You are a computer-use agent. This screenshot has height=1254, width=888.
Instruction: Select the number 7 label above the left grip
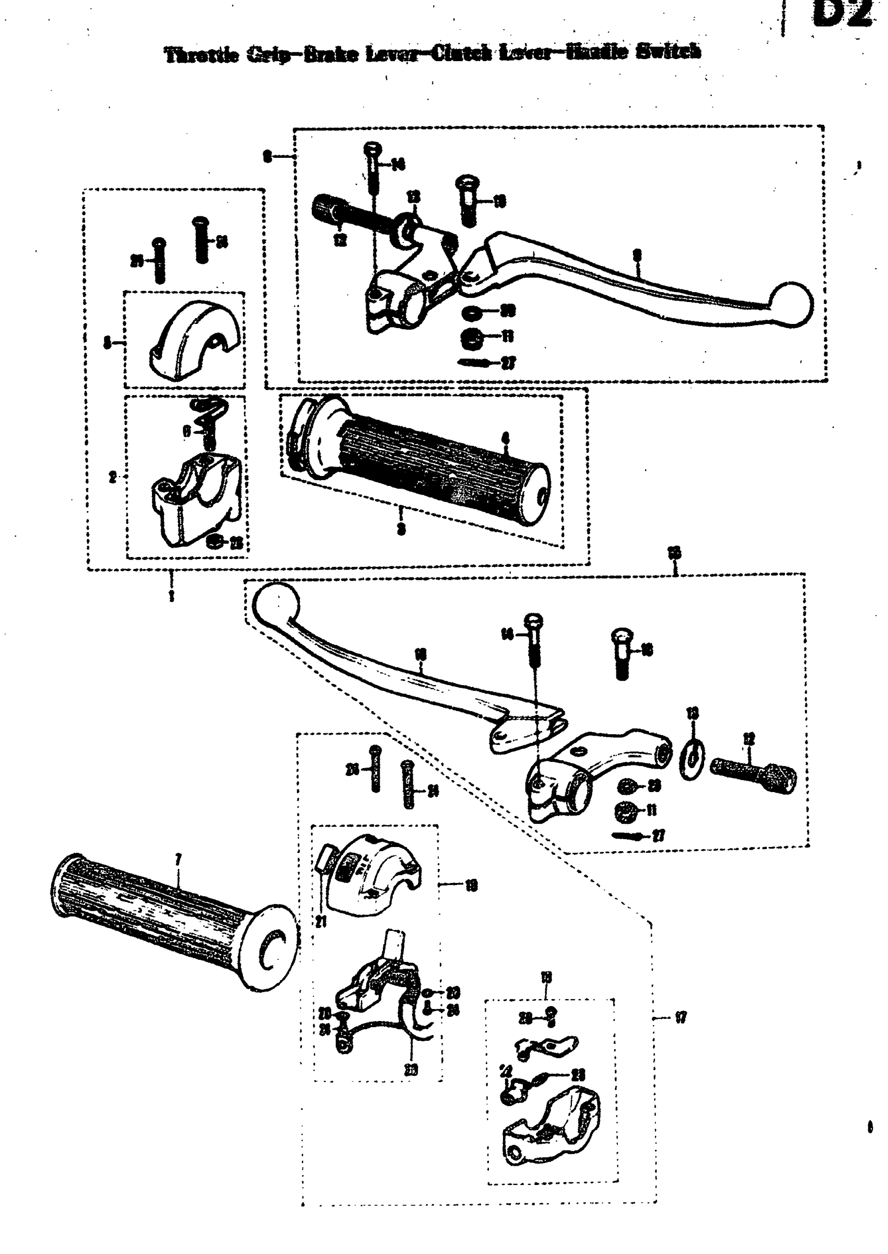(x=178, y=859)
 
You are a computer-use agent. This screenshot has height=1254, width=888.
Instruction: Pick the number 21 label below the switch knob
(x=321, y=922)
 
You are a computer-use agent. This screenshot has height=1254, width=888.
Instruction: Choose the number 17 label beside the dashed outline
(x=681, y=1018)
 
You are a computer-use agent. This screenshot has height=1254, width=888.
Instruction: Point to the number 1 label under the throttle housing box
(x=172, y=595)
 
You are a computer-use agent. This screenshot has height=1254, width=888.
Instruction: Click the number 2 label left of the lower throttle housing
(x=113, y=478)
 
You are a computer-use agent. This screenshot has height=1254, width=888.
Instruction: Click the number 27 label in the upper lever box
(x=509, y=363)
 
